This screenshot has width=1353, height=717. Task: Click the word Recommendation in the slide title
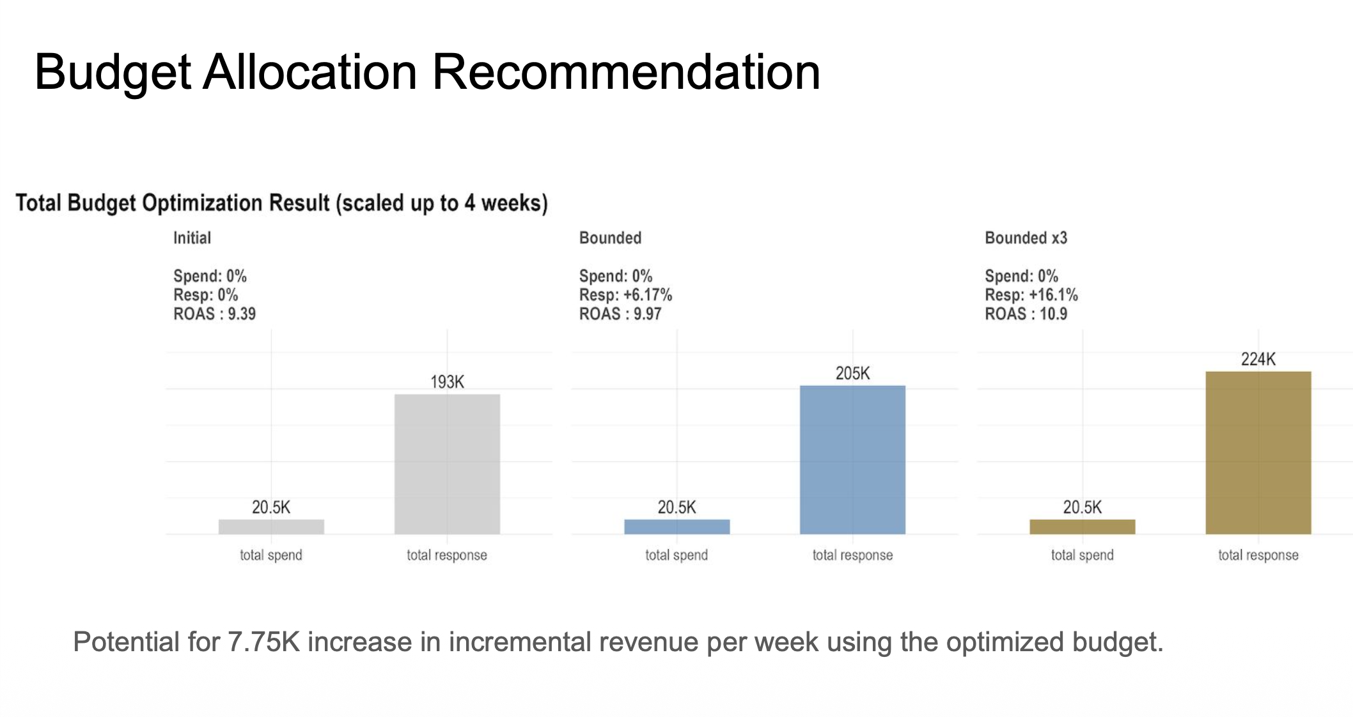point(625,72)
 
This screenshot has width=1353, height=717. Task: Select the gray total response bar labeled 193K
point(447,464)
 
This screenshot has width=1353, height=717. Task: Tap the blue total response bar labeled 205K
point(852,459)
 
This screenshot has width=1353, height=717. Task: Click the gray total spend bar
point(271,527)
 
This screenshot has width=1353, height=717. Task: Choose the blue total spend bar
point(677,527)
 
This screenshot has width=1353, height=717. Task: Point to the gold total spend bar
point(1082,527)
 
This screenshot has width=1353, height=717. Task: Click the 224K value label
point(1258,359)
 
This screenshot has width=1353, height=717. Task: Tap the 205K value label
point(852,373)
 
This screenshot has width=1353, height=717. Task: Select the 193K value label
point(447,382)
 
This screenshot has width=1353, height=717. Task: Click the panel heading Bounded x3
point(1026,238)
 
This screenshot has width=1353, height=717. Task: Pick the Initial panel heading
point(192,238)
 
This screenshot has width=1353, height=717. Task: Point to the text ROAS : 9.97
point(620,314)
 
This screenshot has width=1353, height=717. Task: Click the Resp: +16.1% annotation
point(1031,295)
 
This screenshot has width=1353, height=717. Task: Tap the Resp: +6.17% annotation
point(625,295)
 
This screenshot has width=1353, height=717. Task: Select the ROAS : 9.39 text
point(214,314)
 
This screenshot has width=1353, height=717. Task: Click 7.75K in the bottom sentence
point(263,642)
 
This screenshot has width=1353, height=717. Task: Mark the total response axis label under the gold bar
point(1258,555)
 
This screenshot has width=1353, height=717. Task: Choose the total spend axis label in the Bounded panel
point(677,555)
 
